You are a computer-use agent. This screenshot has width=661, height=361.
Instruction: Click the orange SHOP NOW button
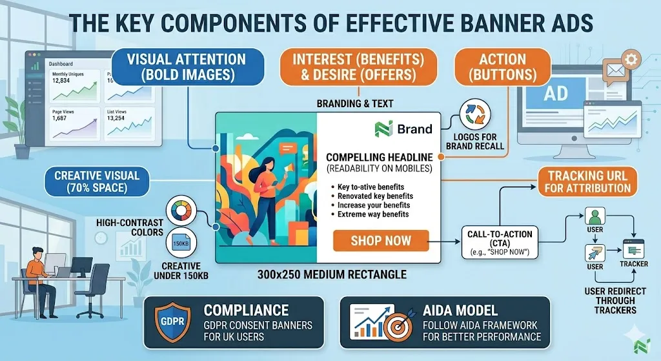pyautogui.click(x=381, y=241)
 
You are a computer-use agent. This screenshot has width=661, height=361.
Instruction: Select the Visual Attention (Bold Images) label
pyautogui.click(x=187, y=67)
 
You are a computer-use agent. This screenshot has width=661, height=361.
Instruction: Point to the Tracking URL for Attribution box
pyautogui.click(x=589, y=181)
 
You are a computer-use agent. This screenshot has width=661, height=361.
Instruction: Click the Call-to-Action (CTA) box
pyautogui.click(x=501, y=242)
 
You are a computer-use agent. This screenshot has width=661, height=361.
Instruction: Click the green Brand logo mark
pyautogui.click(x=383, y=129)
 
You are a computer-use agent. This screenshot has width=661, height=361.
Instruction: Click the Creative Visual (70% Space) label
pyautogui.click(x=97, y=181)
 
